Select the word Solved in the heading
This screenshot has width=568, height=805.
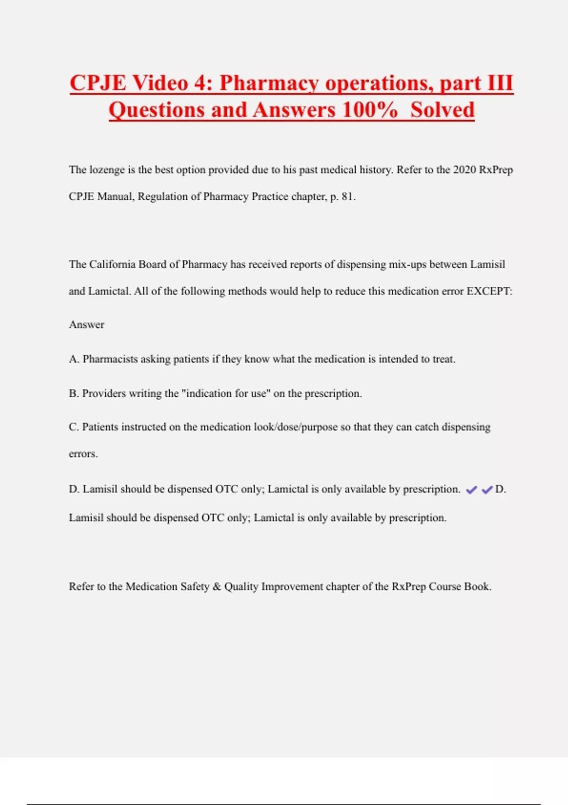[x=442, y=110]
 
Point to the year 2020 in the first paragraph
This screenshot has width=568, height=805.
[x=464, y=170]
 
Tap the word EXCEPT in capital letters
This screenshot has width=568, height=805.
[x=489, y=291]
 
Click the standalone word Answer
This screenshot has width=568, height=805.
[x=87, y=325]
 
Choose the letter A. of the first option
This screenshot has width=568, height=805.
[x=74, y=359]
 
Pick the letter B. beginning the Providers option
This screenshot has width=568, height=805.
[x=74, y=393]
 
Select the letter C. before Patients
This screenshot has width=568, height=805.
[x=74, y=427]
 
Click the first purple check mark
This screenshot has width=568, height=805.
[x=471, y=490]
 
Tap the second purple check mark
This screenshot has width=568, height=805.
[x=487, y=490]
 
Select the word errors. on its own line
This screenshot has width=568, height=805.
[x=83, y=454]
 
